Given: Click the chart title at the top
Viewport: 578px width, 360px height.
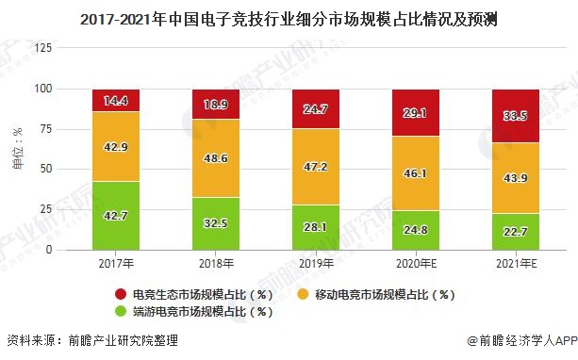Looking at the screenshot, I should pyautogui.click(x=289, y=16).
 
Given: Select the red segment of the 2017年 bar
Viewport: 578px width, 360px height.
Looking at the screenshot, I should pyautogui.click(x=116, y=100).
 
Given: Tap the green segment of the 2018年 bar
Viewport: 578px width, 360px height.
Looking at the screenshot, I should pyautogui.click(x=216, y=224).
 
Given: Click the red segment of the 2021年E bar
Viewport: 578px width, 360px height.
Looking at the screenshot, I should pyautogui.click(x=516, y=116).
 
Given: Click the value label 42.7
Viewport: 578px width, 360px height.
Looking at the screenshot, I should pyautogui.click(x=116, y=215).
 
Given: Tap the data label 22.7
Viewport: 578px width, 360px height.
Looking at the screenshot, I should pyautogui.click(x=516, y=233).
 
